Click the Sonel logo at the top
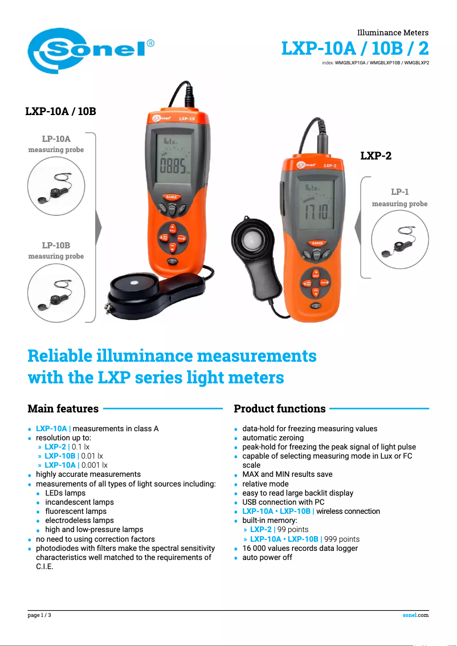click(91, 51)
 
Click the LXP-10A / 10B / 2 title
click(354, 48)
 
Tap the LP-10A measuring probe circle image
click(56, 186)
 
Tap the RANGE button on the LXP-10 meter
click(173, 197)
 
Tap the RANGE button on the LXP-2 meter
click(317, 243)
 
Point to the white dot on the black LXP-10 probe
click(134, 283)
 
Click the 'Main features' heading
click(63, 408)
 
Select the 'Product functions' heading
click(280, 408)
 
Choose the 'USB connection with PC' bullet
click(283, 502)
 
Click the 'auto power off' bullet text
click(267, 557)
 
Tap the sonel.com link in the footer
click(415, 615)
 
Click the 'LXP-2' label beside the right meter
click(376, 156)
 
